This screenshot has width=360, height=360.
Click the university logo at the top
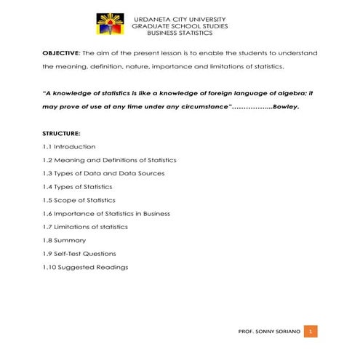(110, 24)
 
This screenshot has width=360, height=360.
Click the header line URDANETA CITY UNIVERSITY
(180, 19)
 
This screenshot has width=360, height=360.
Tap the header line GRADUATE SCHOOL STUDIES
(180, 26)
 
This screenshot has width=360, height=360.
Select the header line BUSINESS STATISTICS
(180, 33)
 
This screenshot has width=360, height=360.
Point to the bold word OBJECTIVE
(61, 54)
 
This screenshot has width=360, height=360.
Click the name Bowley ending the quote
(286, 107)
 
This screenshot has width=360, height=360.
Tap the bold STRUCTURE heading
(61, 134)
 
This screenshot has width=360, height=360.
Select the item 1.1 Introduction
(69, 147)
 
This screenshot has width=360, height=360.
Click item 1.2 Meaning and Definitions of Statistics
(109, 160)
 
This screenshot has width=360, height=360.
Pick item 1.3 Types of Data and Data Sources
(103, 173)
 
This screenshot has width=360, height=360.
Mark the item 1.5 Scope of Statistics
(79, 200)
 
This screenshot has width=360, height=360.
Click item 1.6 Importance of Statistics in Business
(106, 214)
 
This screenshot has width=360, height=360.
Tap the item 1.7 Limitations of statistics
(85, 227)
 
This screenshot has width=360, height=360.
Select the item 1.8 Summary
(64, 240)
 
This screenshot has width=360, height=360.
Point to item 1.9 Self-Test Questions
(79, 254)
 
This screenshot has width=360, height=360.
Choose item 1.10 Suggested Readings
(85, 267)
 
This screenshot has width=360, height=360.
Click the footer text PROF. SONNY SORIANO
(268, 332)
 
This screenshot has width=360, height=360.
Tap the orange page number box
(311, 332)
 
